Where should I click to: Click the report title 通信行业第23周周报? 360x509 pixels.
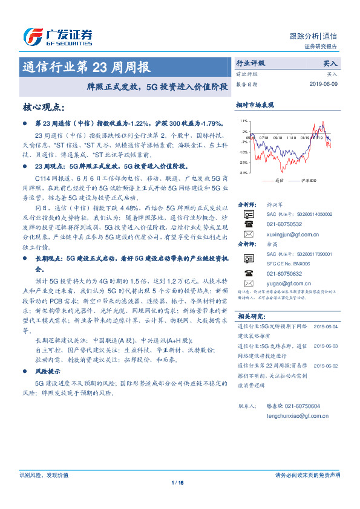87,66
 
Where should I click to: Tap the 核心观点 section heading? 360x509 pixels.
43,108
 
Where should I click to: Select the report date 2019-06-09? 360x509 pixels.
326,85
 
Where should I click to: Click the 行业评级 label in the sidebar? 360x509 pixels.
250,63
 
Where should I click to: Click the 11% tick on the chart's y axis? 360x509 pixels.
243,121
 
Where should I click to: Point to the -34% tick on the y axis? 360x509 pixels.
243,173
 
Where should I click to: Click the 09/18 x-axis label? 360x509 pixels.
278,138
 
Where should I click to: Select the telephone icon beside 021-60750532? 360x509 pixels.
248,223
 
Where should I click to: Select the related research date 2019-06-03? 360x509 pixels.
327,346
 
